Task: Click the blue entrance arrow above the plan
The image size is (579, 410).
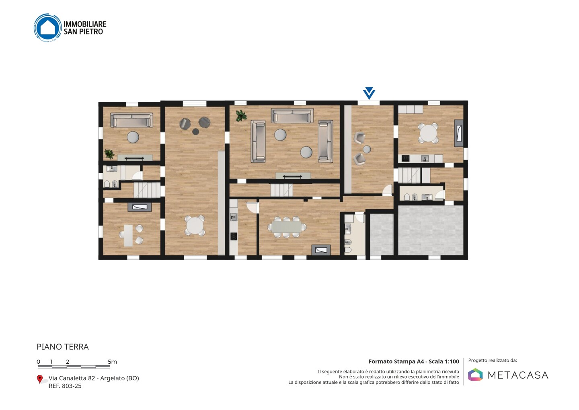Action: click(369, 93)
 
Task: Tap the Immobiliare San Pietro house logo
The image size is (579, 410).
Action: click(48, 28)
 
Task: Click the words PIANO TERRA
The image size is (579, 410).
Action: click(63, 347)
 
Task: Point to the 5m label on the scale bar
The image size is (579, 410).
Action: click(112, 362)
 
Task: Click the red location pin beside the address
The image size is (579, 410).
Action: click(39, 379)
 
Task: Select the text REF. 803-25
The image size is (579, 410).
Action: click(65, 386)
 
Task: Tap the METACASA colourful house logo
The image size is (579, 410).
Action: click(475, 375)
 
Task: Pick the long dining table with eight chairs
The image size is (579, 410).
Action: click(286, 227)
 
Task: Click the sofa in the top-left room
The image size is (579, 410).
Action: click(131, 120)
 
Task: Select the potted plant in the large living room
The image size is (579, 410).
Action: click(241, 116)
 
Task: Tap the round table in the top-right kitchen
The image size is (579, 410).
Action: click(428, 133)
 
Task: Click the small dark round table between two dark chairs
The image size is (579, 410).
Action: click(196, 132)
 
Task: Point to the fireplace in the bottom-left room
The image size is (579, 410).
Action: click(140, 207)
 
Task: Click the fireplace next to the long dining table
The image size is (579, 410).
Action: click(321, 250)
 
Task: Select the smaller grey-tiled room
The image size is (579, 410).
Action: click(382, 234)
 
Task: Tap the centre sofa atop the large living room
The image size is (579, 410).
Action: click(292, 116)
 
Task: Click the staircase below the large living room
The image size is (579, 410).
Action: click(281, 190)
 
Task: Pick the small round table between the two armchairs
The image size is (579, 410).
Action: click(367, 149)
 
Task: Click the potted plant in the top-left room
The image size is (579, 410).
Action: click(109, 154)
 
